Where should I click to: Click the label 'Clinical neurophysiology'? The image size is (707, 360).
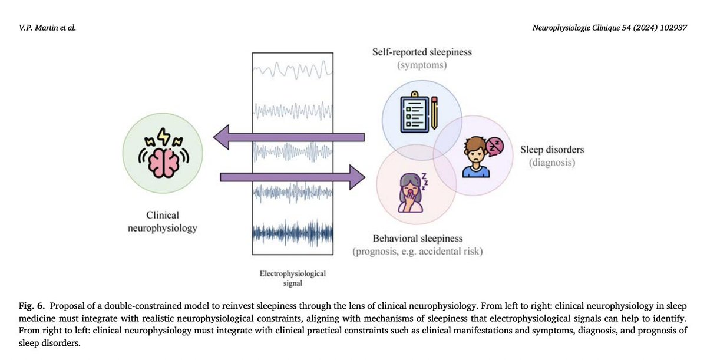tap(163, 222)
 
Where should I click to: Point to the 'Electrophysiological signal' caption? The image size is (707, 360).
tap(293, 278)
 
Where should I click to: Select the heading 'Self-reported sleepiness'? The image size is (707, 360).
tap(421, 52)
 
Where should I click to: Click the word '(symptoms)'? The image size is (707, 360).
tap(421, 65)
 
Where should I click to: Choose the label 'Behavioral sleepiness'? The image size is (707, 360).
tap(417, 239)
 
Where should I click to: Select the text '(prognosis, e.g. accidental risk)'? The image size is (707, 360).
tap(417, 252)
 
